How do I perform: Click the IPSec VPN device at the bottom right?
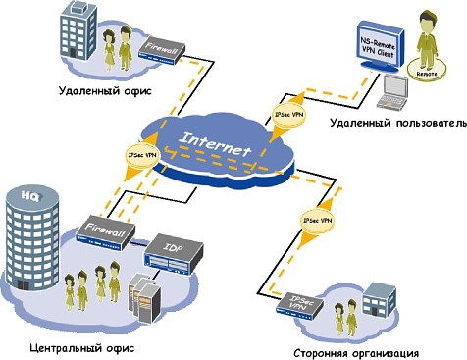298,308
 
